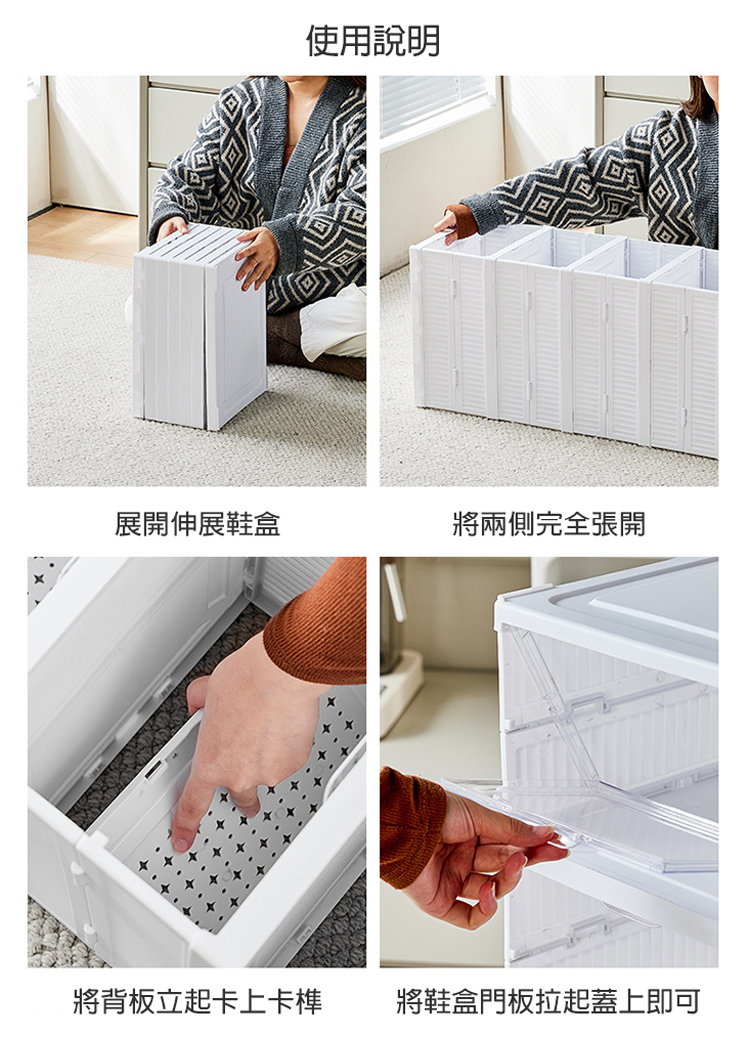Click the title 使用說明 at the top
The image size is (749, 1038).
point(374,41)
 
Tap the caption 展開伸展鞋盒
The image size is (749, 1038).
point(197,524)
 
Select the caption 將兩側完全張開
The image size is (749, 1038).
point(549,524)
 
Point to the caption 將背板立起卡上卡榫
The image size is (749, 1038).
point(197,1001)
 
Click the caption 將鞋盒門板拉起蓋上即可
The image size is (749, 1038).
point(549,1001)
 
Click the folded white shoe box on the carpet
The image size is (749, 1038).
point(200,327)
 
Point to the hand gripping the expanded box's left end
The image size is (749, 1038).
point(455,225)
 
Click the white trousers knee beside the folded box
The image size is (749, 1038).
point(331,321)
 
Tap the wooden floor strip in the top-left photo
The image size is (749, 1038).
point(81,235)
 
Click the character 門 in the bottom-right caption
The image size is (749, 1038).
point(507,1001)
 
